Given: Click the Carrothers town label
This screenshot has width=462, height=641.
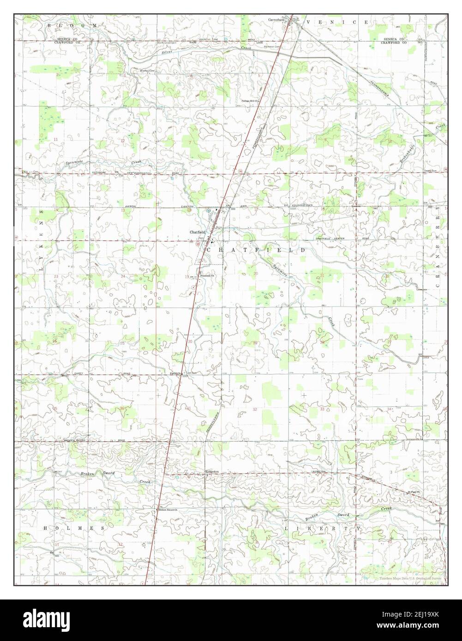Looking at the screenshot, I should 276,20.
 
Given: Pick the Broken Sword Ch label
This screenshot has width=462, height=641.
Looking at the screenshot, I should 168,510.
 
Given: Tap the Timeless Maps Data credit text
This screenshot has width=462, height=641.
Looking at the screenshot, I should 411,578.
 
